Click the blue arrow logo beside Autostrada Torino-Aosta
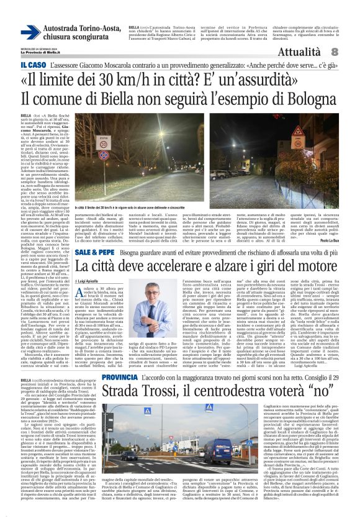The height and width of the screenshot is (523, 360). (29, 33)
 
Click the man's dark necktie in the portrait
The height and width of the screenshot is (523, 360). (148, 310)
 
